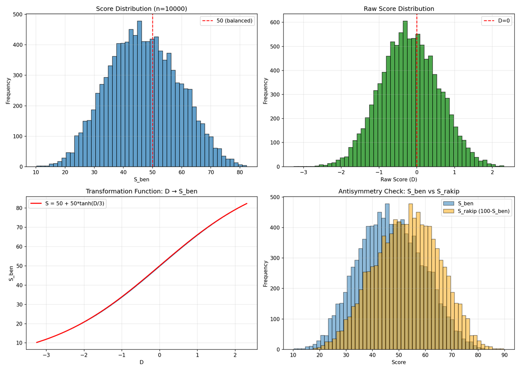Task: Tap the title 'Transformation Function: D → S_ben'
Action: coord(141,191)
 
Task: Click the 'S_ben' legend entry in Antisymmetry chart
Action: coord(464,203)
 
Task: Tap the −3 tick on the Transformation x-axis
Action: coord(46,355)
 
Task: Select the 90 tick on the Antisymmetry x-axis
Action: coord(504,355)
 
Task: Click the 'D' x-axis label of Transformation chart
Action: coord(141,362)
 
